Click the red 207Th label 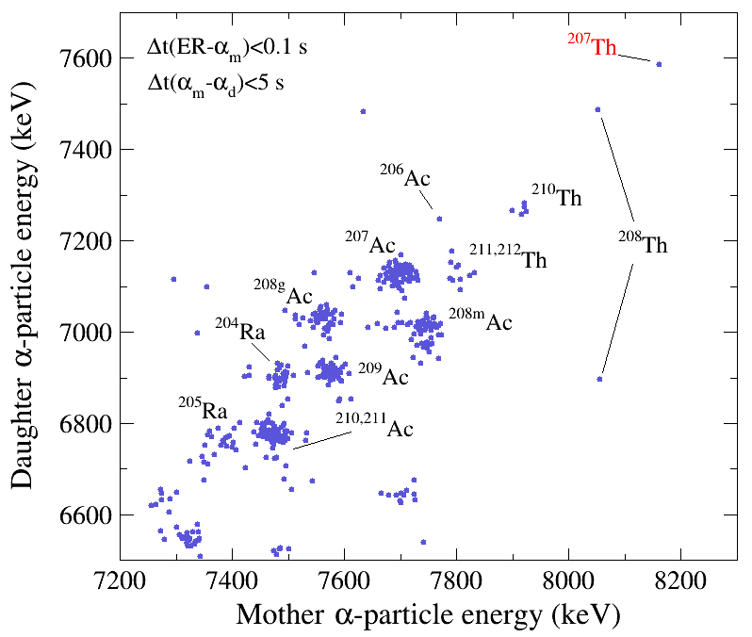[592, 44]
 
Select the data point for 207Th [659, 64]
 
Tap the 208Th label [643, 244]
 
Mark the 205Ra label [203, 409]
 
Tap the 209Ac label [383, 375]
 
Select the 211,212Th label [508, 257]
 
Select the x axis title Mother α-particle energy [428, 615]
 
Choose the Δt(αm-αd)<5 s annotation [216, 84]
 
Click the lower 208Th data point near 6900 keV [599, 379]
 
